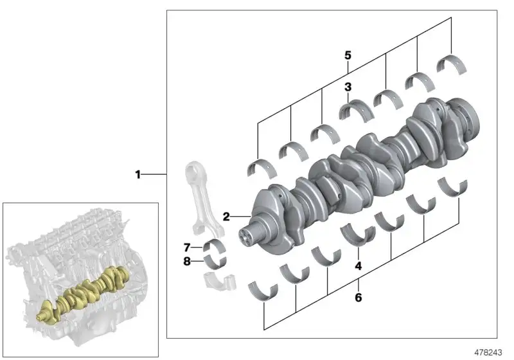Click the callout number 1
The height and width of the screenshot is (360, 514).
(138, 174)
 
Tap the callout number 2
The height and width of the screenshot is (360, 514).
(226, 217)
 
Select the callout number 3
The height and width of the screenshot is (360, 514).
(348, 87)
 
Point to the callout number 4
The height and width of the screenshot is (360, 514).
(359, 266)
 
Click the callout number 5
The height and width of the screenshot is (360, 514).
(348, 55)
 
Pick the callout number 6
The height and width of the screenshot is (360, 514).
(359, 298)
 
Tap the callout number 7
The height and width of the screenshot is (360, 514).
(187, 248)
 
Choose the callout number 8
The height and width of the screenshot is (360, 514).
(187, 261)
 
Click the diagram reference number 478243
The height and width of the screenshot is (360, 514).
(488, 352)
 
